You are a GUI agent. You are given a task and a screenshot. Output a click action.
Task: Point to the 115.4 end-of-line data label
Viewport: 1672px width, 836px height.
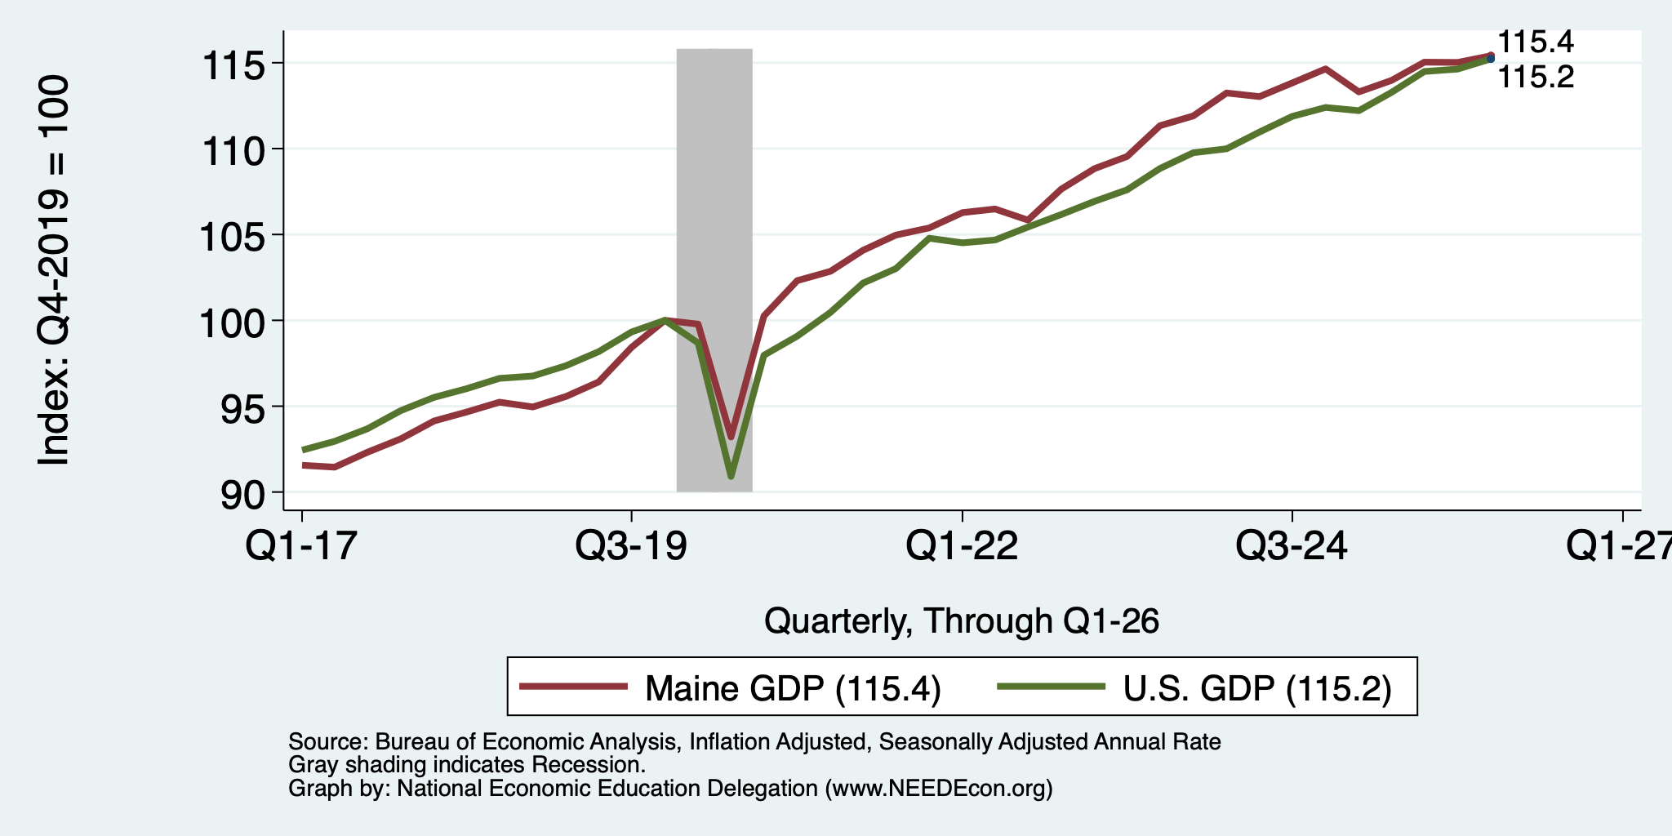[x=1536, y=42]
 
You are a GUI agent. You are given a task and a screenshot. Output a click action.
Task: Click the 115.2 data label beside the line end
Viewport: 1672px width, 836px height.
[x=1536, y=78]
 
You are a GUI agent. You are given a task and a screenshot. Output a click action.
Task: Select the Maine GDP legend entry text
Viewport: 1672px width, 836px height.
[x=794, y=688]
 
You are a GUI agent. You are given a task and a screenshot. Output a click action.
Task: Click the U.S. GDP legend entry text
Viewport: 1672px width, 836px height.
[x=1257, y=688]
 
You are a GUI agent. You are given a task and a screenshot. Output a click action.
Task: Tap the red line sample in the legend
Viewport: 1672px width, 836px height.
[x=574, y=687]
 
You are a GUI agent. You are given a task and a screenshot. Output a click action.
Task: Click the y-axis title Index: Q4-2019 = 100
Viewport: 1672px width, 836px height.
[x=53, y=271]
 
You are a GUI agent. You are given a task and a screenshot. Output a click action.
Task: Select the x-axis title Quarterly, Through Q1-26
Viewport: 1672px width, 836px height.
[x=962, y=622]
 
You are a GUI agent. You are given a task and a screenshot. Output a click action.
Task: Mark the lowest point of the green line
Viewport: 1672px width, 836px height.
[x=731, y=476]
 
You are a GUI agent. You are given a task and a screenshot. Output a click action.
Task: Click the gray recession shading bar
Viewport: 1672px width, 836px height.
[x=714, y=269]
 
